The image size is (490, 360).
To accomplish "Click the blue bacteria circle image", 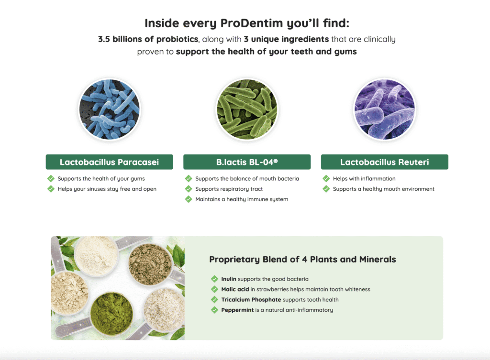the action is coord(110,109).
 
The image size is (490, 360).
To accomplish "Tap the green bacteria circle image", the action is coord(247,109).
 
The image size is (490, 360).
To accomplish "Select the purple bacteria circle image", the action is coord(384,109).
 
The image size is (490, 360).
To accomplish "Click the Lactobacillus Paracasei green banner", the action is coord(110,162).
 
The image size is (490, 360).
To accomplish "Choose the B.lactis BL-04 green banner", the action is coord(247,162).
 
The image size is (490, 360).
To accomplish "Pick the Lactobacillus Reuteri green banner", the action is coord(385,162).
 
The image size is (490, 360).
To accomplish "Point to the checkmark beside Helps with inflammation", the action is coord(326,179).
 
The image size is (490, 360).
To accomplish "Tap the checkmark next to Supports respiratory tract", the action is coord(189,189).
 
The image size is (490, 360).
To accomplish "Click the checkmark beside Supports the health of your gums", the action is coord(51,179).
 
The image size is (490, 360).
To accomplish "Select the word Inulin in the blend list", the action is coord(229,279).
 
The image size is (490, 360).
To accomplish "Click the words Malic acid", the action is coord(235,289).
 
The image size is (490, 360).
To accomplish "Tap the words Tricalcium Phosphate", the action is coord(251,300).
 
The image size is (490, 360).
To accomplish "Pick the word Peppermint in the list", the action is coord(237,310).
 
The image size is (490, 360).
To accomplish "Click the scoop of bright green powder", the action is coord(111,313).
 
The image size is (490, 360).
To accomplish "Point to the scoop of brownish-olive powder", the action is coord(150,264).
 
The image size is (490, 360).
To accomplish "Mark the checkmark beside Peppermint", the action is coord(214,310).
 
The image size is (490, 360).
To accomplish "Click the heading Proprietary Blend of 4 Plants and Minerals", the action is coord(302,260).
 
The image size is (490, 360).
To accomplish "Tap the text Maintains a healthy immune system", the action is coord(242,199).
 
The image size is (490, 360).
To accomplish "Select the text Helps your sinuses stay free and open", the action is coord(107,189).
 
